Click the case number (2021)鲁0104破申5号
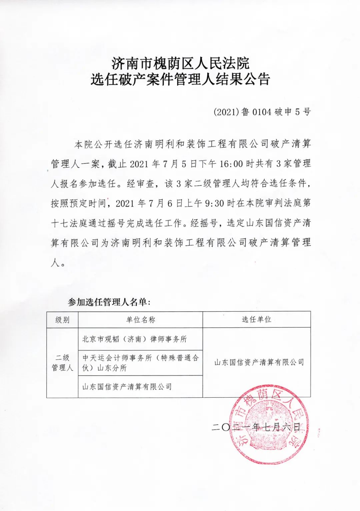click(x=262, y=112)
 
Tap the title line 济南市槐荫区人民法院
click(x=180, y=63)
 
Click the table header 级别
click(x=62, y=320)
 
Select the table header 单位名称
click(x=140, y=320)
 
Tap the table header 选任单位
click(x=256, y=320)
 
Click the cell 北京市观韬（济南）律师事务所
click(x=135, y=339)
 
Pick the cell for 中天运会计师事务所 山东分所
click(x=140, y=363)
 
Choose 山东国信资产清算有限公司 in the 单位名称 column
click(x=127, y=387)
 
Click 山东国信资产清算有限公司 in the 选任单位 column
click(x=259, y=362)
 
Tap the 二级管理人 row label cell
click(x=62, y=363)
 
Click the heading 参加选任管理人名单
click(x=109, y=302)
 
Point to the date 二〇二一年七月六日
click(x=256, y=427)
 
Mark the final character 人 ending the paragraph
click(x=55, y=263)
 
